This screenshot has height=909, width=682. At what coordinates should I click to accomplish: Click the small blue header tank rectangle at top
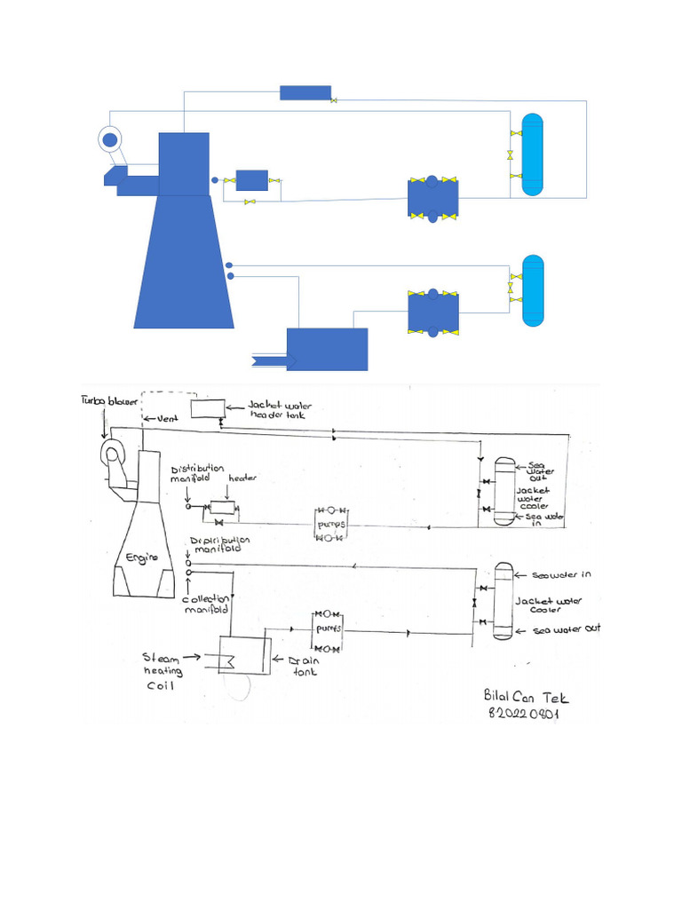(x=305, y=92)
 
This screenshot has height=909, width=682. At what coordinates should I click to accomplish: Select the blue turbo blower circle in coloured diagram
(x=110, y=139)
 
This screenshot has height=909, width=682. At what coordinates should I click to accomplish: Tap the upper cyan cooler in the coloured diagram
(x=532, y=156)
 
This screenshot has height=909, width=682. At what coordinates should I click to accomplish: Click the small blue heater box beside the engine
(x=251, y=180)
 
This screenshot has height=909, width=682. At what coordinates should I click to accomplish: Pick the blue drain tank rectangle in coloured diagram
(x=327, y=350)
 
